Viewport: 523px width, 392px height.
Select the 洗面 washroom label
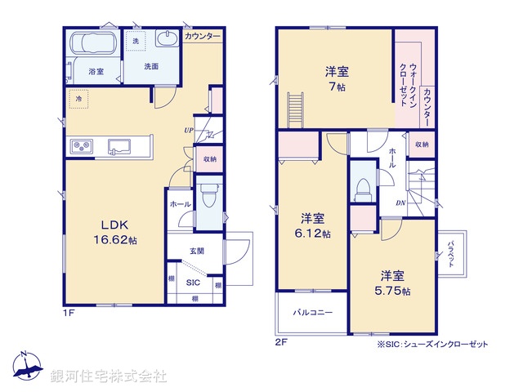tap(152, 66)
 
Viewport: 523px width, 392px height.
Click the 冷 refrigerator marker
tap(79, 99)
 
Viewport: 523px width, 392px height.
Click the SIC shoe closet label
tap(194, 283)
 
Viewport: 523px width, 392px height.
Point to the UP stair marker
tap(189, 130)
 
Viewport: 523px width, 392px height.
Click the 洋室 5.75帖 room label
tap(392, 283)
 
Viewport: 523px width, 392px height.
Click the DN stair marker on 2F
tap(401, 203)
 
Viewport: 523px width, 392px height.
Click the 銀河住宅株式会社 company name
tap(109, 376)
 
